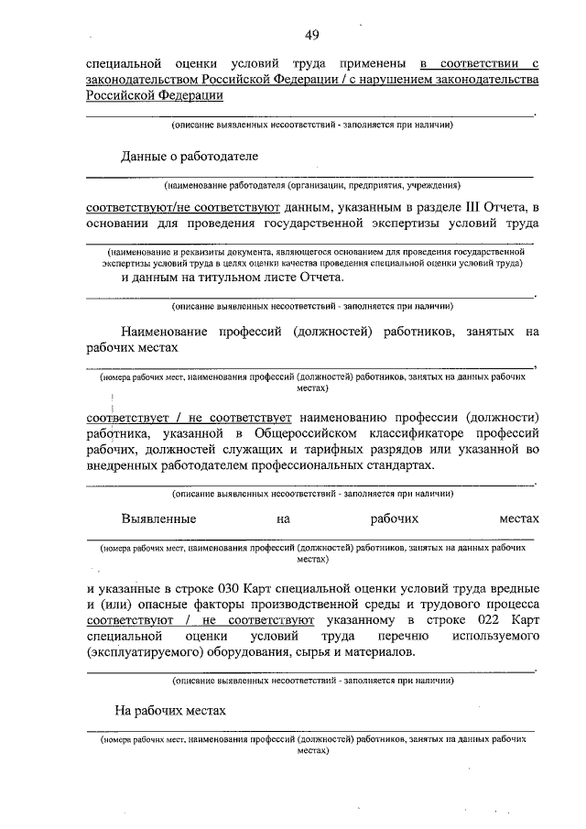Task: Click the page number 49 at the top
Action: click(311, 35)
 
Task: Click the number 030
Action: click(236, 588)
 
